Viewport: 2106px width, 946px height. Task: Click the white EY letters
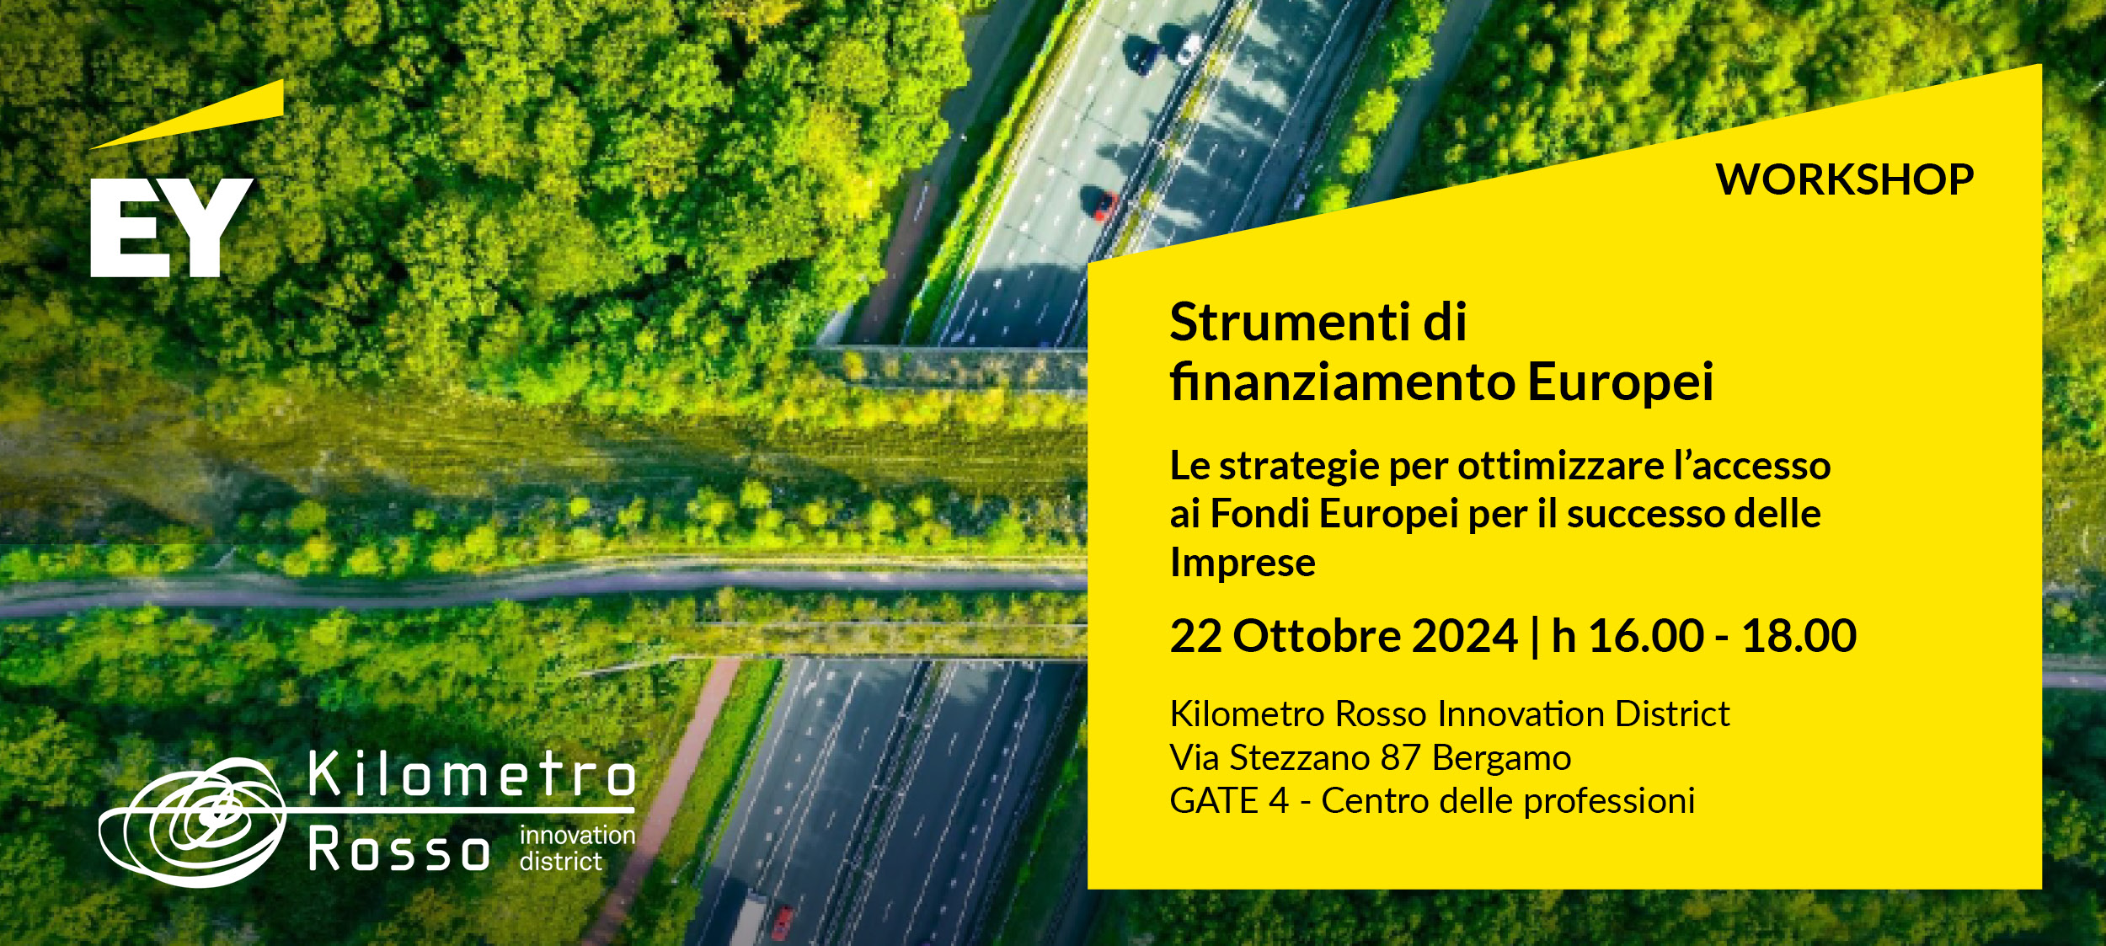click(172, 227)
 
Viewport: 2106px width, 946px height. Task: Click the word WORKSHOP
click(1845, 179)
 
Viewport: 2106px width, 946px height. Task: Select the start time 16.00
click(1646, 636)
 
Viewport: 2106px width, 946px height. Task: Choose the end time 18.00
click(1799, 636)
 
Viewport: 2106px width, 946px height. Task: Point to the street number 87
click(1401, 758)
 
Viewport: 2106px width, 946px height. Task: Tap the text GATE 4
click(1229, 801)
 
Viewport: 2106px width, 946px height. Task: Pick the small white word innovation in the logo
click(577, 836)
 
